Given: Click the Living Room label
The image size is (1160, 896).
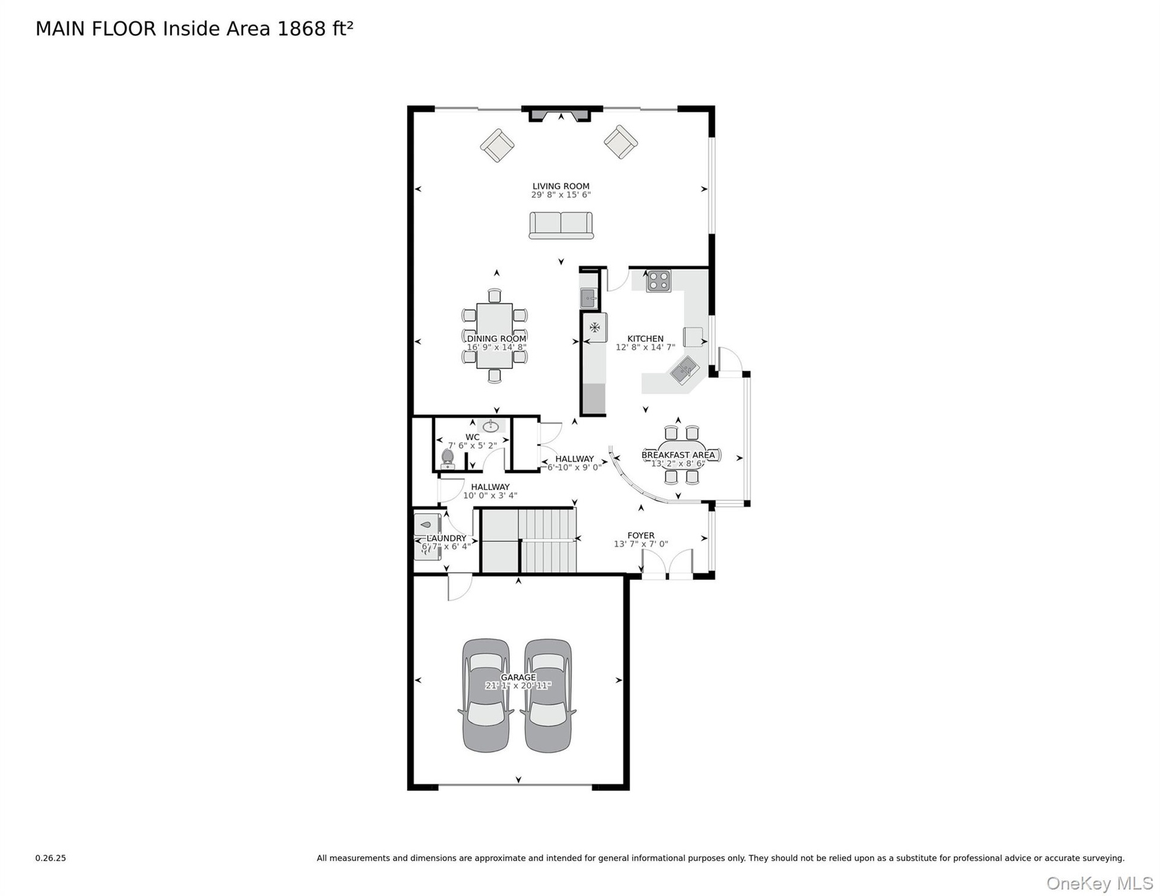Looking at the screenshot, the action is point(561,186).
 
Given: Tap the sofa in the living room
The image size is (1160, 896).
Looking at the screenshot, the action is point(561,225).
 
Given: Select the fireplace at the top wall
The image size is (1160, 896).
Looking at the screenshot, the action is point(561,114).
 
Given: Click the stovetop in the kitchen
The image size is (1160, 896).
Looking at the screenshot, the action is point(658,280).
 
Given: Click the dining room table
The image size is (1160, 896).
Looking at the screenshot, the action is point(494,336).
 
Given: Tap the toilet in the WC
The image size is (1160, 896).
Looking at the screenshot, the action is point(448,459).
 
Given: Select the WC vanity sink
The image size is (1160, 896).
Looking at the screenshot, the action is point(491,426).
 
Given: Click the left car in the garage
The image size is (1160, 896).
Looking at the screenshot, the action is point(486,695).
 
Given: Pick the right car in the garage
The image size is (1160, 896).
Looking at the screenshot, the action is point(547,695).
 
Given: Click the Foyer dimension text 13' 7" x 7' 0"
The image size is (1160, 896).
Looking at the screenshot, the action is point(640,544).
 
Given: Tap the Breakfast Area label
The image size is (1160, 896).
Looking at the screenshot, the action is point(678,455).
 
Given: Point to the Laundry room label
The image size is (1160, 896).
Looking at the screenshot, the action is point(446,538).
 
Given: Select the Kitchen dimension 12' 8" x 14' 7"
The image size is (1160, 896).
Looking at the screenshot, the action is point(645,347).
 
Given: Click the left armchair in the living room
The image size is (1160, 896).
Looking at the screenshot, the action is point(497,145).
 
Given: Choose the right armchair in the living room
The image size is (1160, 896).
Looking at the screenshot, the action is point(620,142).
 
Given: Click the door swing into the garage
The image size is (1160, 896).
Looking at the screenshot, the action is point(460,588).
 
